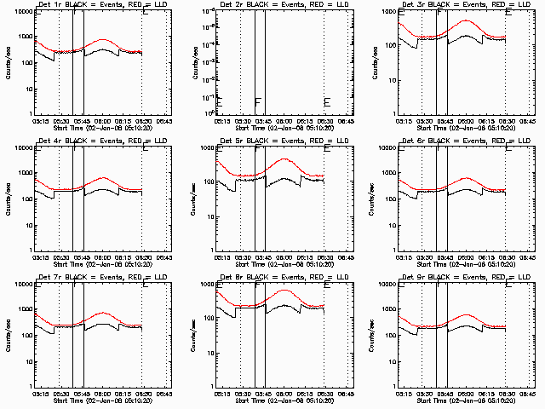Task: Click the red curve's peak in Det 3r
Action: [x=467, y=20]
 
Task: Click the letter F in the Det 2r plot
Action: [x=257, y=101]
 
